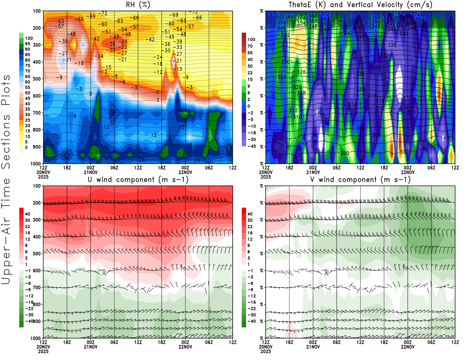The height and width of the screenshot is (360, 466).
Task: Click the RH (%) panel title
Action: [x=138, y=5]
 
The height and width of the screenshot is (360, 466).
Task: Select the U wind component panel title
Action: [x=138, y=179]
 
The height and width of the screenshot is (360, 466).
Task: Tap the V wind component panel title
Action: [x=360, y=179]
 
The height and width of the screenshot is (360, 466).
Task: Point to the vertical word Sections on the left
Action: [x=6, y=142]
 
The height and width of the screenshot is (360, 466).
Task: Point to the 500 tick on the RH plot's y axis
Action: [x=37, y=79]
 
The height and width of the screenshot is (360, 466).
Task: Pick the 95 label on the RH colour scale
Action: [x=27, y=44]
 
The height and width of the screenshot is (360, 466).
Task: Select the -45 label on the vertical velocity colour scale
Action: [x=251, y=146]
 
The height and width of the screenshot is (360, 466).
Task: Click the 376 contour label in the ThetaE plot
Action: [x=396, y=14]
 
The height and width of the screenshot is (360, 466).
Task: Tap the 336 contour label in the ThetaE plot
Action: [x=392, y=45]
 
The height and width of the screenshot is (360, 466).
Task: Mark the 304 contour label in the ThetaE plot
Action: [x=376, y=135]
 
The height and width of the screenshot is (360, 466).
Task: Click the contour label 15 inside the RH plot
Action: [x=153, y=135]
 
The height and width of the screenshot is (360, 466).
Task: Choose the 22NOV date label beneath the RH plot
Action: [x=185, y=172]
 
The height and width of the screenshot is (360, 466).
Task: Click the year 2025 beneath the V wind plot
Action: [x=265, y=351]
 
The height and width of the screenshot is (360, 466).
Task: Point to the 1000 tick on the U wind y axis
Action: [x=36, y=338]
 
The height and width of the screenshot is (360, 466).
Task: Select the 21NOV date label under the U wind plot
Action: [x=91, y=347]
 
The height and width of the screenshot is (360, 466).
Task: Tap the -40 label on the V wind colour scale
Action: [x=251, y=321]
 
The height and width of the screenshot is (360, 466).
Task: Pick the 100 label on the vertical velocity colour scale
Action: [x=251, y=39]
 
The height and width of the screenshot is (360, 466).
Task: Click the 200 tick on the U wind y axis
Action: [x=37, y=203]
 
